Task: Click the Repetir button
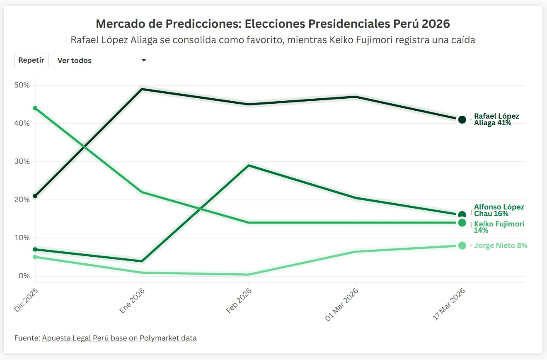coord(31,60)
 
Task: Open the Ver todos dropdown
coord(102,61)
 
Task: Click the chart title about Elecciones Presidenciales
coord(273,24)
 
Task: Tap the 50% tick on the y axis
coord(22,85)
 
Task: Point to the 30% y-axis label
coord(22,161)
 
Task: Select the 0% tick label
coord(24,276)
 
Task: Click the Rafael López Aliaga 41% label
coord(496,119)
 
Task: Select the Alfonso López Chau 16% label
coord(499,210)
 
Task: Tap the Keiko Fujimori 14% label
coord(499,227)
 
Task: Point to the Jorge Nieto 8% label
coord(501,246)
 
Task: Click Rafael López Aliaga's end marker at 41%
coord(462,119)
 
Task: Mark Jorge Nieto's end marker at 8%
coord(462,246)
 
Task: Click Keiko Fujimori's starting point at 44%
coord(35,108)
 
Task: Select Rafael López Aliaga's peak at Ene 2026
coord(142,89)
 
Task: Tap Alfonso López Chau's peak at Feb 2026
coord(249,165)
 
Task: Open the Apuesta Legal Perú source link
coord(119,338)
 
